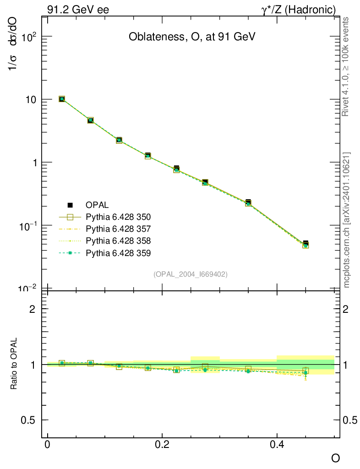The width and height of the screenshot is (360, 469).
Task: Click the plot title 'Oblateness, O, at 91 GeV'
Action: pos(191,37)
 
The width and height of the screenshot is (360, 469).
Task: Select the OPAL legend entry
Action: pos(97,205)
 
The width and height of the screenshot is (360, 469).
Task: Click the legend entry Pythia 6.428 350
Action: pos(118,217)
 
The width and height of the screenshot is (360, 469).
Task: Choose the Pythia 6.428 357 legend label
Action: pos(118,229)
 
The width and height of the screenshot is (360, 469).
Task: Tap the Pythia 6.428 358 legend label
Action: pos(118,240)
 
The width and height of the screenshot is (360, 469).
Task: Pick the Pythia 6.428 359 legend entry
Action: pos(118,252)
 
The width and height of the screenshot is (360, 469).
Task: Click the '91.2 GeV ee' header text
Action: pos(78,9)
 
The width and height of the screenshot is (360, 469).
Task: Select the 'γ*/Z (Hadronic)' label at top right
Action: pos(298,9)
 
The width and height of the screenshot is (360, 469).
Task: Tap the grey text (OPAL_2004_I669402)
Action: pos(191,274)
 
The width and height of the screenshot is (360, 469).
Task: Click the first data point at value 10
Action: pos(62,99)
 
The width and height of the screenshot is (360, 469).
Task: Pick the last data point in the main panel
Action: pos(305,244)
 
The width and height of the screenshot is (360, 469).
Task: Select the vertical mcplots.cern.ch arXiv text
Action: pos(347,220)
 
